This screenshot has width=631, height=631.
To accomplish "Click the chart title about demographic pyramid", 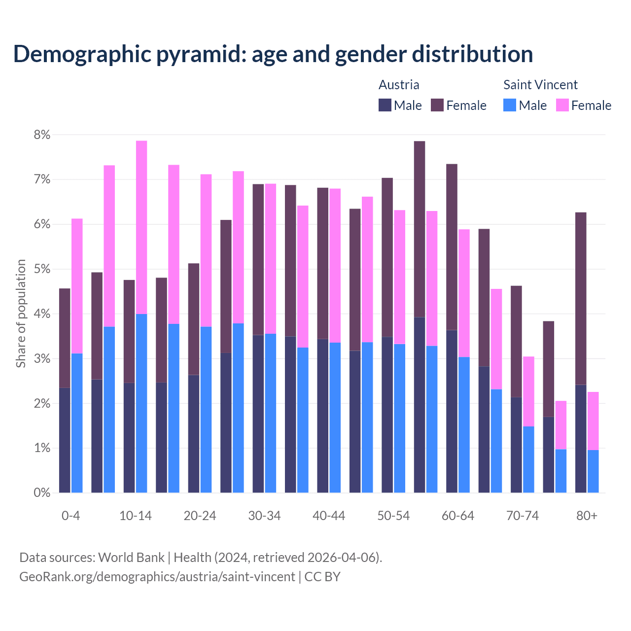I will [x=273, y=54].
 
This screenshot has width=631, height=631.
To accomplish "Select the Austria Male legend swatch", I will [x=385, y=105].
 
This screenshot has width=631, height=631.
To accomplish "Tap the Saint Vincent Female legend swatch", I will [x=562, y=105].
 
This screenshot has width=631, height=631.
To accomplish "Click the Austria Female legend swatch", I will [x=437, y=105].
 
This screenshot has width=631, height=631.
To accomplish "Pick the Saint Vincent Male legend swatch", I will [x=510, y=105].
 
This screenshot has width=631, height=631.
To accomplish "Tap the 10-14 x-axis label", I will [x=136, y=516].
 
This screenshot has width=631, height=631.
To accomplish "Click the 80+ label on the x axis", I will [x=587, y=516].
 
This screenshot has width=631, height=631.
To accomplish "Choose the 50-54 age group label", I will [x=393, y=516].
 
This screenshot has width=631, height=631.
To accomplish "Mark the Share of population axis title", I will [x=21, y=314].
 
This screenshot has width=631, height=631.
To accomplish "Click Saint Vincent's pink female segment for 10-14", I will [x=141, y=227].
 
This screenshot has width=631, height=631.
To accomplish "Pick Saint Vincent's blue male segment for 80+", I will [x=593, y=471].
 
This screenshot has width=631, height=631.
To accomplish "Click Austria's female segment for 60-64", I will [x=452, y=247].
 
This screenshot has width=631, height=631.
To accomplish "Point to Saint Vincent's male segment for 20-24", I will [x=206, y=410].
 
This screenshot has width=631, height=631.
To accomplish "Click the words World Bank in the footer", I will [x=131, y=558].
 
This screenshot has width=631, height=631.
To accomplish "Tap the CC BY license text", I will [x=322, y=577].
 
